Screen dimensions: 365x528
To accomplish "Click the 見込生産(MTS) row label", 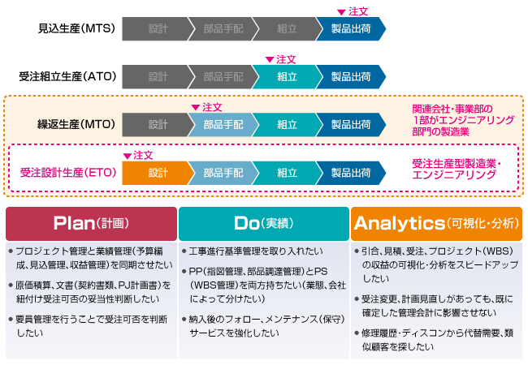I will pos(76,29).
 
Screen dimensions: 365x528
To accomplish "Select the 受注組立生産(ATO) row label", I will pos(69,77).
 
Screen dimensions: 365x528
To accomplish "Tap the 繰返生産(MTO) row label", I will pos(76,125).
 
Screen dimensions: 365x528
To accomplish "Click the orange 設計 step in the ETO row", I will pos(157,173).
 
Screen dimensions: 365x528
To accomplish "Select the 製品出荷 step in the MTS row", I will pos(351,29).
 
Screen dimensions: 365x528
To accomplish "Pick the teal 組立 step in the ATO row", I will pos(287,77).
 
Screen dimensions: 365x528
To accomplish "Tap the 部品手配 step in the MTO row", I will pos(222,125).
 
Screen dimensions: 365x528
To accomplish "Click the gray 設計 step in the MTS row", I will pos(157,29).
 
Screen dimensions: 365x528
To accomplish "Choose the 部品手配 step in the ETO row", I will pos(222,173).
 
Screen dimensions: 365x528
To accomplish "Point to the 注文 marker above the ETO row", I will pos(138,154).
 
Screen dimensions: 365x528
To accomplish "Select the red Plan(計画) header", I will pos(91,223).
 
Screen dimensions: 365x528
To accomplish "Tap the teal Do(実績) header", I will pos(263,223).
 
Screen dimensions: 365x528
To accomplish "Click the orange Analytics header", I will pos(436,223).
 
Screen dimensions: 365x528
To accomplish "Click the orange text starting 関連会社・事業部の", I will pos(463,119).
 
